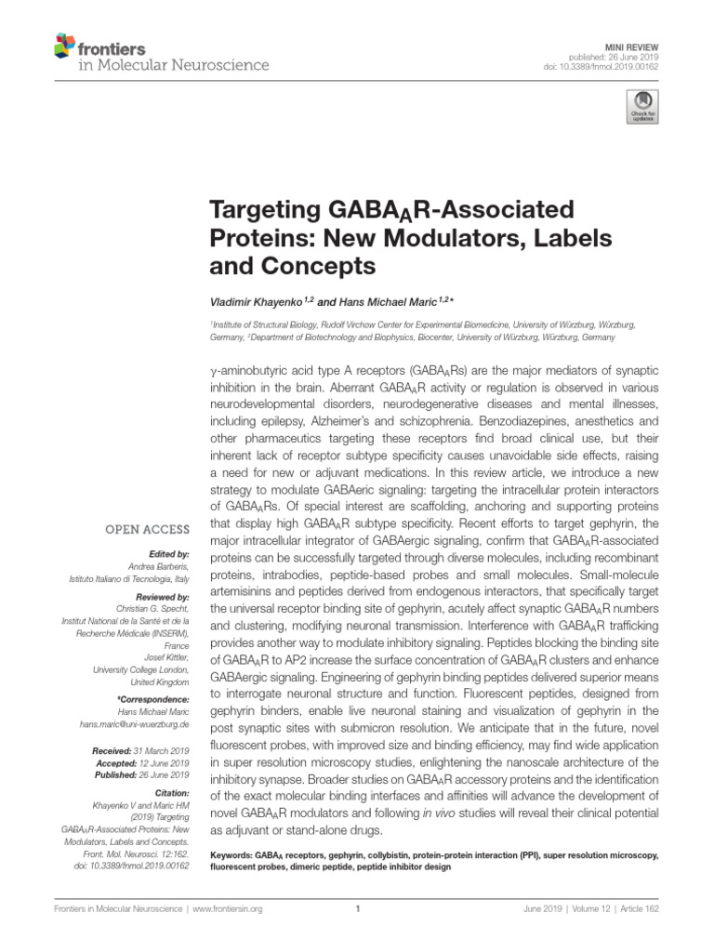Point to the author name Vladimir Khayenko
[x=262, y=301]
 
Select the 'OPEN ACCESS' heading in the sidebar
[x=148, y=531]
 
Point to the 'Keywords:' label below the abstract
[x=232, y=854]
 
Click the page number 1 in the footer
[x=357, y=910]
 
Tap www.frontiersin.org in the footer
[x=228, y=910]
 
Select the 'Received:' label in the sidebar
[x=115, y=749]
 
